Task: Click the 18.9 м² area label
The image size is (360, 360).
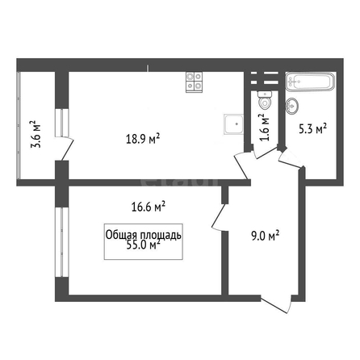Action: tap(143, 139)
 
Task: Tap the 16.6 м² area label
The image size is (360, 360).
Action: tap(149, 207)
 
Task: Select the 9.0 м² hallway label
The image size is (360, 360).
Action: tap(265, 236)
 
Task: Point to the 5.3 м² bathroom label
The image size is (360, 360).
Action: tap(313, 129)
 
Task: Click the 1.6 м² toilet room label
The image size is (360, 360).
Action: tap(265, 128)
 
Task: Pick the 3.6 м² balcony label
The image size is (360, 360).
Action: tap(36, 134)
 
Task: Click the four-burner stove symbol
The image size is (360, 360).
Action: tap(194, 82)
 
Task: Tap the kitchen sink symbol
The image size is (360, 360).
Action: tap(234, 124)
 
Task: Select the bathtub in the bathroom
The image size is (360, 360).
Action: tap(310, 82)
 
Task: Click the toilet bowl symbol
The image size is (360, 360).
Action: tap(265, 100)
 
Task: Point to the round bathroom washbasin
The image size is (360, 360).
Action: tap(292, 106)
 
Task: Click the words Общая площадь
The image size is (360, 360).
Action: tap(144, 235)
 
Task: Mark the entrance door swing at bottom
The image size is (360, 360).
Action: tap(276, 303)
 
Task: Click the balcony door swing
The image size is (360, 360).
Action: tap(65, 149)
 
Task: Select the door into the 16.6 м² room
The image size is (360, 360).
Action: tap(220, 217)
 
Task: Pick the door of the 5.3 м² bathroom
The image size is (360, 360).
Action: tap(291, 160)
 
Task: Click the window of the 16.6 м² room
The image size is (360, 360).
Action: tap(62, 242)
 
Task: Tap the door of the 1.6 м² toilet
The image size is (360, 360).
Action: tap(265, 153)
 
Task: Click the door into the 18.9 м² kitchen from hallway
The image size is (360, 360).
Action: tap(241, 165)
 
